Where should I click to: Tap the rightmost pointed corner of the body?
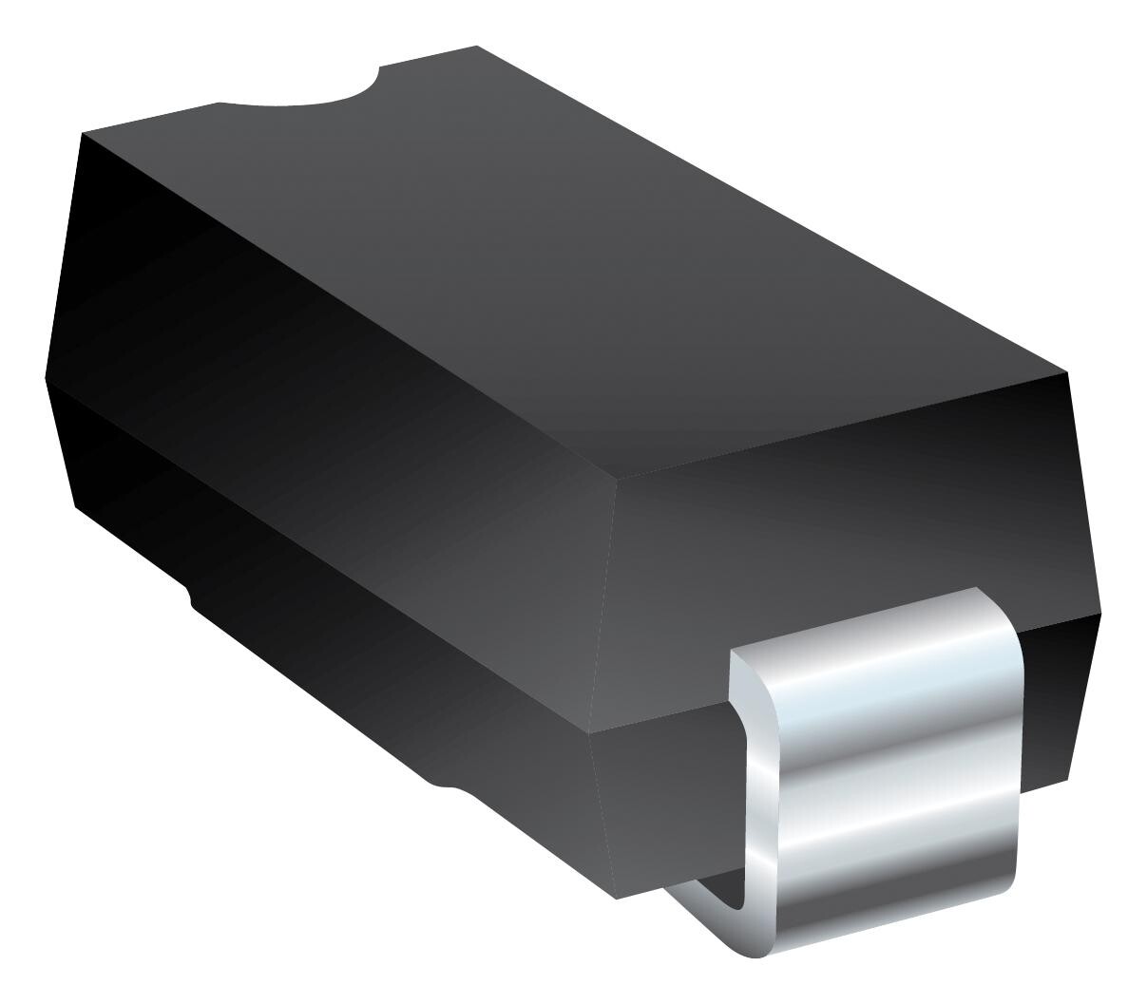click(1100, 613)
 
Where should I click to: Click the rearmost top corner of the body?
click(476, 46)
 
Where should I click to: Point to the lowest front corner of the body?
click(618, 898)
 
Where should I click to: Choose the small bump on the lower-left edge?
click(189, 597)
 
